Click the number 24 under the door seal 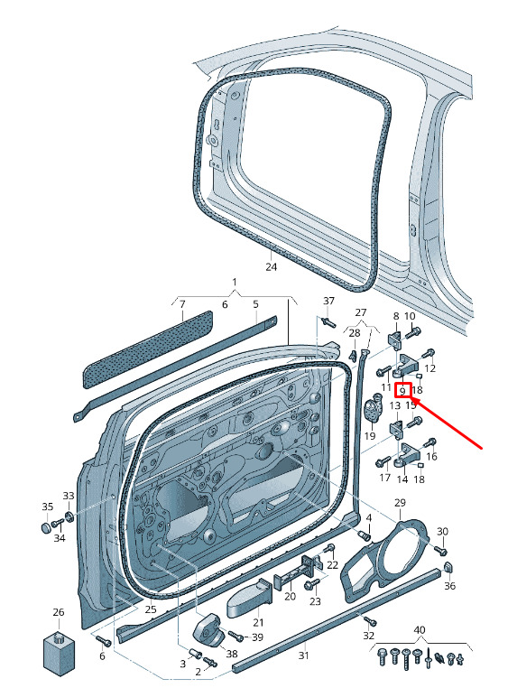272,266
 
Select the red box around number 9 402,391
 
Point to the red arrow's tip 413,398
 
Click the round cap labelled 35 47,526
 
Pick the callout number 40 420,629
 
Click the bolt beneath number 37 329,322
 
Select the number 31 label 304,655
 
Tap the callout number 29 401,502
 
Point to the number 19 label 370,436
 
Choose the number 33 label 69,496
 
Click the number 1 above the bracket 235,282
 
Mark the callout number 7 182,303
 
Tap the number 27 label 361,312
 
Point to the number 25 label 151,609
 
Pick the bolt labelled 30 440,549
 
